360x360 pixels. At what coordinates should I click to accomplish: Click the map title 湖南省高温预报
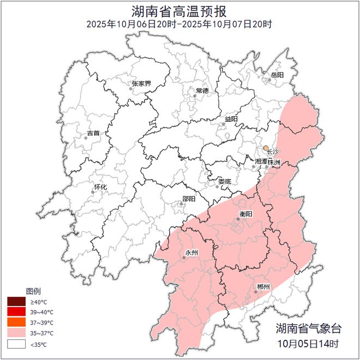pos(179,11)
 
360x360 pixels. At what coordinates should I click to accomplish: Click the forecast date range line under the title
pos(179,24)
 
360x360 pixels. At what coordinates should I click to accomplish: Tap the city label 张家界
pos(141,84)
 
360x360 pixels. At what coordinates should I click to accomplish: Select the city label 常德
pos(202,91)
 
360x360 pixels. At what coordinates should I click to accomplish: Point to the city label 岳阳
pos(277,75)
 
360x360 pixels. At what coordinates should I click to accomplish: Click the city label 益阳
pos(231,119)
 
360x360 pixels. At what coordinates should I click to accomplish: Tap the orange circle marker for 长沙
pos(266,148)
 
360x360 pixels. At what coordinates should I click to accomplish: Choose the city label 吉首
pos(93,133)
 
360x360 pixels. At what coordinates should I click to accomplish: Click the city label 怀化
pos(100,187)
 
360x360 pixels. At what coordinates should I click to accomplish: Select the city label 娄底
pos(225,181)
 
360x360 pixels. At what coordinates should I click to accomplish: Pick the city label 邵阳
pos(188,200)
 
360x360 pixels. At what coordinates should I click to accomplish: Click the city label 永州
pos(191,253)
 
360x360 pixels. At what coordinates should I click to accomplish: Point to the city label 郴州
pos(263,287)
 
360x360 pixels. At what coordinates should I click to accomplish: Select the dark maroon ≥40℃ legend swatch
pos(16,302)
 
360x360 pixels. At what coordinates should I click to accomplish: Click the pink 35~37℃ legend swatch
pos(16,333)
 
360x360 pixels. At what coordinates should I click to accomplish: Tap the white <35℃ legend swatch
pos(16,344)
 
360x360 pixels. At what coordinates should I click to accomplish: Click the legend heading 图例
pos(33,291)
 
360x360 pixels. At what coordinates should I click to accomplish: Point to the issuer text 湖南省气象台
pos(308,329)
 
